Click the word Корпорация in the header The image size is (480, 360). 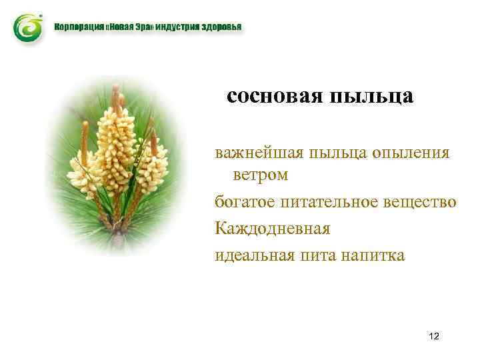tap(79, 29)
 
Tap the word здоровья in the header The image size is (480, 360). tap(219, 29)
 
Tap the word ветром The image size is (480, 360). tap(260, 175)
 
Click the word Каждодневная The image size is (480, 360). tap(272, 228)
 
